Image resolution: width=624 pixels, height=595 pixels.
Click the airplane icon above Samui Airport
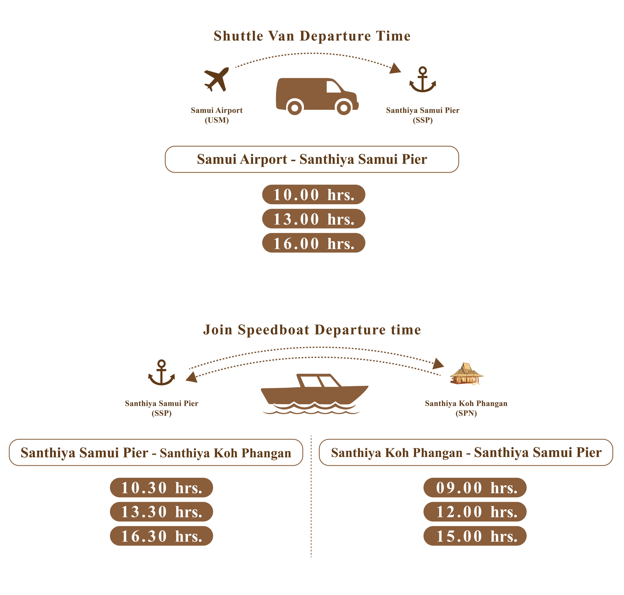click(x=216, y=79)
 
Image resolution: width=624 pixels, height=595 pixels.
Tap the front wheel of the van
click(x=344, y=108)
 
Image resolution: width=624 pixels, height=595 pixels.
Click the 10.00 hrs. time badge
click(x=314, y=194)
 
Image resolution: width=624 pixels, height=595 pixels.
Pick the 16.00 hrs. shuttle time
click(x=314, y=243)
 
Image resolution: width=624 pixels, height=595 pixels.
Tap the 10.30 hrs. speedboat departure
click(x=161, y=488)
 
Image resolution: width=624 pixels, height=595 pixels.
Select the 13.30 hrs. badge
click(x=161, y=512)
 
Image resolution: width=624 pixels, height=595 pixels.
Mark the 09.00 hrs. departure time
click(x=475, y=488)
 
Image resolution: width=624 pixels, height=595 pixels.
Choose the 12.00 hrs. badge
click(x=475, y=512)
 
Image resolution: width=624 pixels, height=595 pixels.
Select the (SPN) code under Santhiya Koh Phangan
click(x=466, y=413)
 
